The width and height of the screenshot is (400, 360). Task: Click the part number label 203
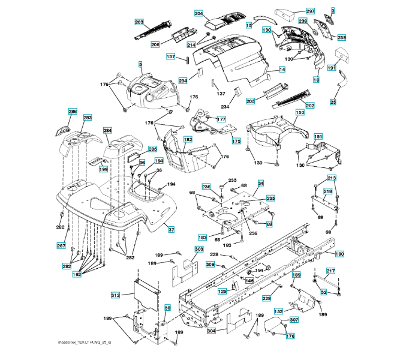[139, 22]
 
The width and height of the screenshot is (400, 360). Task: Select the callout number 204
[199, 13]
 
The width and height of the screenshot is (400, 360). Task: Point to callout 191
[332, 68]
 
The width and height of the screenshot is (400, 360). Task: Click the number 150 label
[300, 112]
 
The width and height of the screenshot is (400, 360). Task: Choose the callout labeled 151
[318, 137]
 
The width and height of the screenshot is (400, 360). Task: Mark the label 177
[221, 119]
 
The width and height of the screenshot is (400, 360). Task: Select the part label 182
[188, 139]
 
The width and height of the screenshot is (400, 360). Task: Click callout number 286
[73, 112]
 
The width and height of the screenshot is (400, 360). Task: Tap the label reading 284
[107, 130]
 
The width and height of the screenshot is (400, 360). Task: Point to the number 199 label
[103, 170]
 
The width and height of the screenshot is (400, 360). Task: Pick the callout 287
[61, 245]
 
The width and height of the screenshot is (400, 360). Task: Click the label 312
[116, 295]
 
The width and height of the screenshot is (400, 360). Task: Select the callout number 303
[199, 249]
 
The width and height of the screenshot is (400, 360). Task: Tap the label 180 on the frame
[339, 254]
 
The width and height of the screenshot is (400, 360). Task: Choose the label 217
[330, 271]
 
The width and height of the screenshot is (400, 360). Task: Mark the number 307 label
[294, 320]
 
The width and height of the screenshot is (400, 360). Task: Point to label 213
[332, 178]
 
